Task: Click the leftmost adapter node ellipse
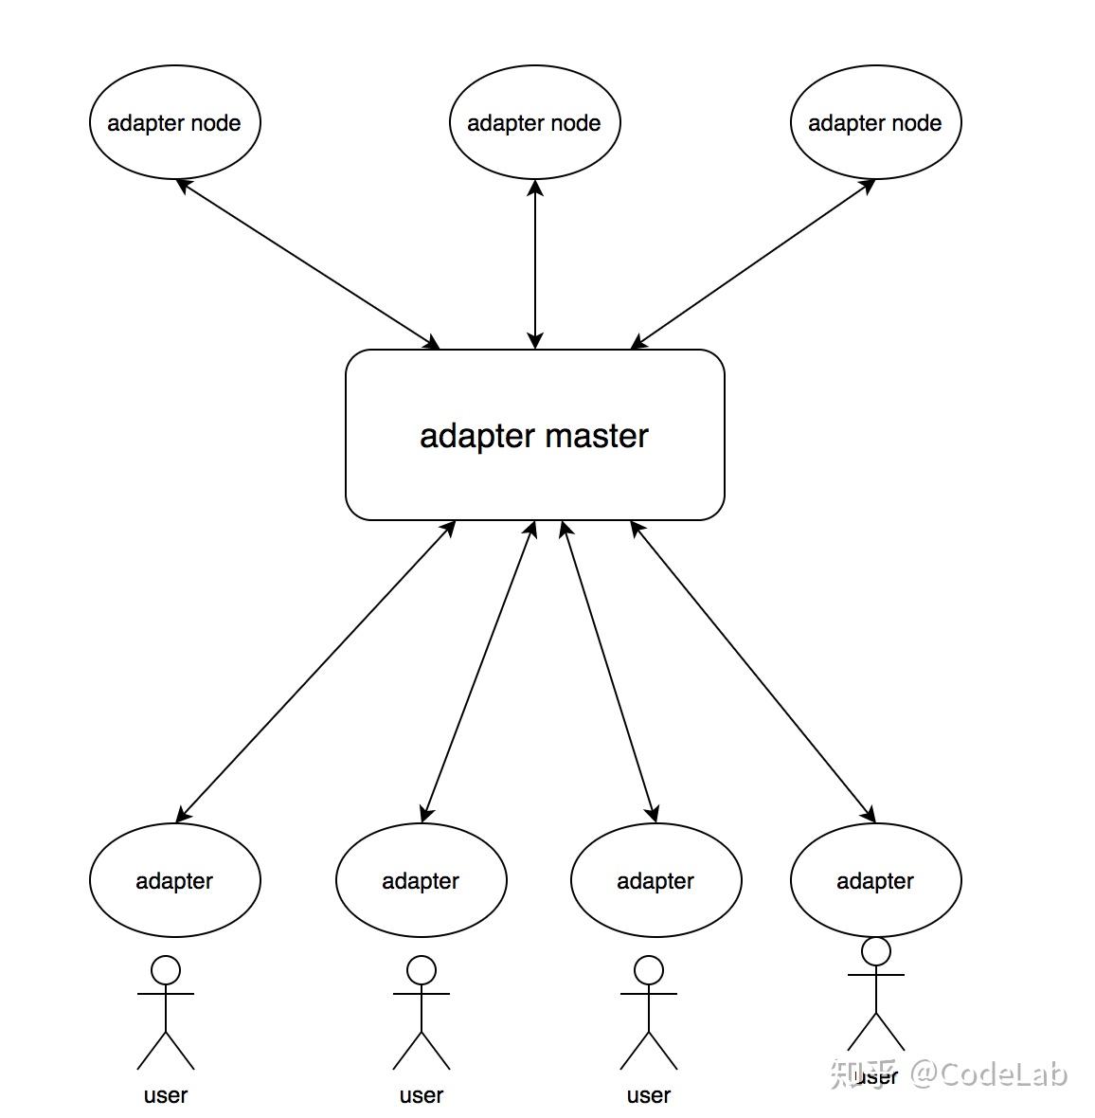(x=174, y=122)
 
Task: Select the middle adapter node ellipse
(x=534, y=122)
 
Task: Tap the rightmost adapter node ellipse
(x=875, y=122)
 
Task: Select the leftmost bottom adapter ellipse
(x=174, y=880)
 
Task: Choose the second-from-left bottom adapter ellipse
(x=421, y=880)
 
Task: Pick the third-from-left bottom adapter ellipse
(x=655, y=880)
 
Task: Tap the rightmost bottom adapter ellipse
(x=875, y=880)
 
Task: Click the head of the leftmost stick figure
(x=166, y=970)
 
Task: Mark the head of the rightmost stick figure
(x=876, y=951)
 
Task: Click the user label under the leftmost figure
(x=166, y=1095)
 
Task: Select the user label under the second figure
(x=422, y=1095)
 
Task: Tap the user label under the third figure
(x=649, y=1095)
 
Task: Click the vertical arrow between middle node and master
(x=535, y=264)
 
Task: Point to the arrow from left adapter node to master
(x=308, y=263)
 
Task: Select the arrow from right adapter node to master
(x=753, y=263)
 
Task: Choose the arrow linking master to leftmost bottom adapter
(x=316, y=670)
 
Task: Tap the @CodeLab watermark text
(x=989, y=1073)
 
